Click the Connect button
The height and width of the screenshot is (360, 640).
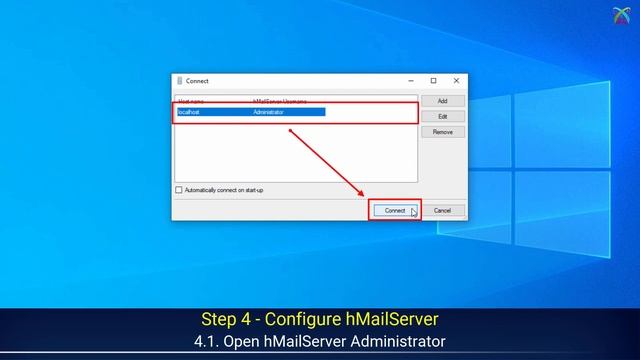[x=395, y=210]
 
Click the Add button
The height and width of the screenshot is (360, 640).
[x=442, y=101]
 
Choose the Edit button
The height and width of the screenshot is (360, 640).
[x=442, y=117]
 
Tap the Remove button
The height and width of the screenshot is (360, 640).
[x=442, y=132]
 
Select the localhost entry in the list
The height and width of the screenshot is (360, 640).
[x=189, y=112]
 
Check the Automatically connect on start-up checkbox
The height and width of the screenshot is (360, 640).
[x=179, y=190]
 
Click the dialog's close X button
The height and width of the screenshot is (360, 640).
[x=456, y=81]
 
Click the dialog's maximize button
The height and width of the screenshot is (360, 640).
[x=433, y=81]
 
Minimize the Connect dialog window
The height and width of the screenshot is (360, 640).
[x=411, y=81]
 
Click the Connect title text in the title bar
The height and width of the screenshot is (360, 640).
[x=196, y=81]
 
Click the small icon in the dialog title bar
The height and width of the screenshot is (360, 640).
[x=179, y=81]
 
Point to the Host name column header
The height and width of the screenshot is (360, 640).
[x=190, y=101]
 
